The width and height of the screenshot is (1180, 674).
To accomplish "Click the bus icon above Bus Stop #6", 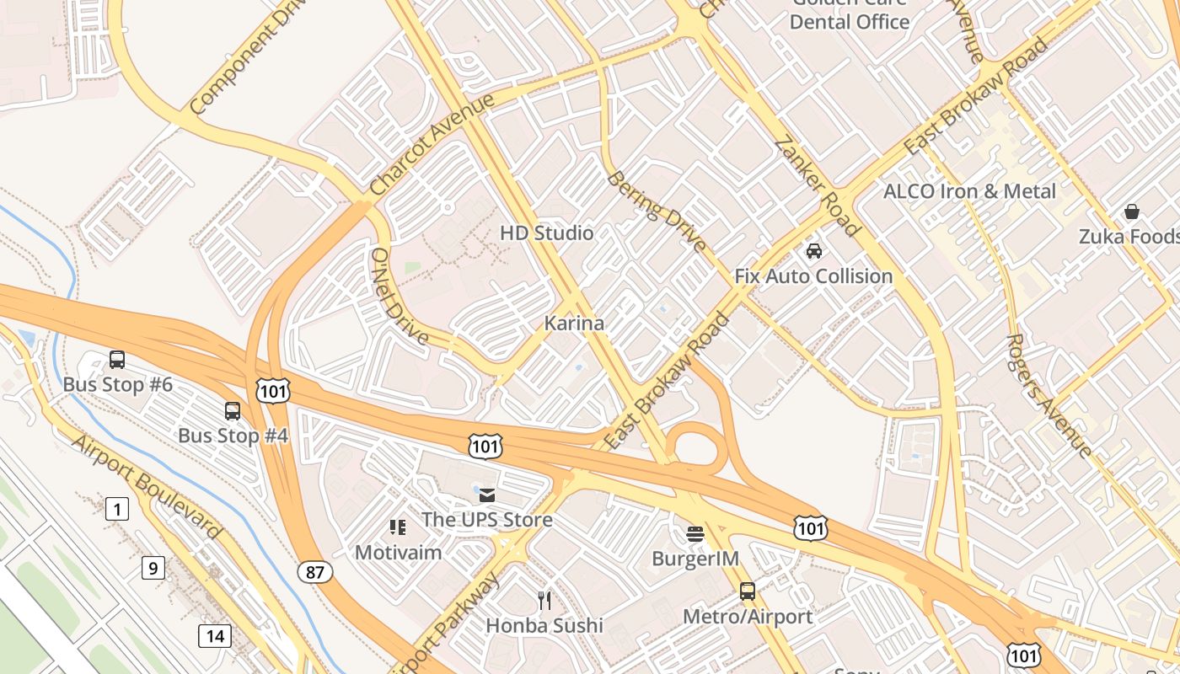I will [117, 360].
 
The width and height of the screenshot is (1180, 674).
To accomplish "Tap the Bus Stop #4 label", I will [233, 436].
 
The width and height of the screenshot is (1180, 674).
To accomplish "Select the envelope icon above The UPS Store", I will [487, 495].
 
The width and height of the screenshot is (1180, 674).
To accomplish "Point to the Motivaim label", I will [398, 553].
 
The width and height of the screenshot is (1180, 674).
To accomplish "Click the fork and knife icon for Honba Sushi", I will [544, 600].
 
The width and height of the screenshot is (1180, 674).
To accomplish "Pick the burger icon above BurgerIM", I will [695, 533].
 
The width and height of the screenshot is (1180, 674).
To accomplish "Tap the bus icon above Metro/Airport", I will [748, 591].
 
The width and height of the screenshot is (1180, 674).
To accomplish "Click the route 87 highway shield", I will [314, 572].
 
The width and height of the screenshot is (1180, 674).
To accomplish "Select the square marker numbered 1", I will [117, 509].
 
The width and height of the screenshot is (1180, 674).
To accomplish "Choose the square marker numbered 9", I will [153, 568].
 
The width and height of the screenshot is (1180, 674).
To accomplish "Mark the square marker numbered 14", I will [215, 635].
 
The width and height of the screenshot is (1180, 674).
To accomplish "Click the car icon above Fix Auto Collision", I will [814, 250].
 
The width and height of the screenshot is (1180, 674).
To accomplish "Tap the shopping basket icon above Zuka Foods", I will [1131, 211].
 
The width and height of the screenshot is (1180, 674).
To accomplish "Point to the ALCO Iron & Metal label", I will [969, 191].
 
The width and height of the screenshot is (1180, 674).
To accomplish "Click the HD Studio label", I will [547, 233].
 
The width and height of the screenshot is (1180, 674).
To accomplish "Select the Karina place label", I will [574, 323].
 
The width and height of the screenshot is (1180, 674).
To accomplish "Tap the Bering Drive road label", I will [657, 211].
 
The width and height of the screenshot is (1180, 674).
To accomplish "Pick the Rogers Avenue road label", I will [1049, 395].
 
